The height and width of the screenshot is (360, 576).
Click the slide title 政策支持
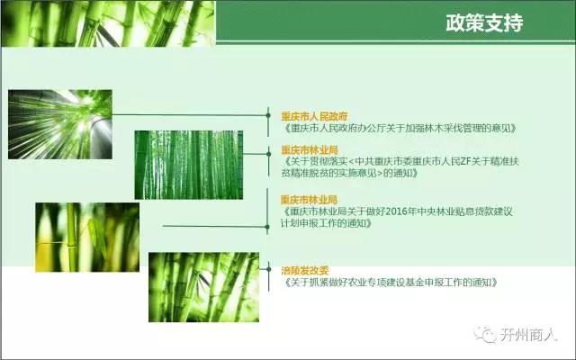click(484, 22)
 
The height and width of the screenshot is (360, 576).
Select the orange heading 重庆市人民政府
click(314, 116)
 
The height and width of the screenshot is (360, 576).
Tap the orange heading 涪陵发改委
click(304, 271)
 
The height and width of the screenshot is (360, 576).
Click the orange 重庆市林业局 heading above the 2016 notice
click(309, 200)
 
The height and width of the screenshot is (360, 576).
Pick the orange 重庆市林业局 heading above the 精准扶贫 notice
click(310, 150)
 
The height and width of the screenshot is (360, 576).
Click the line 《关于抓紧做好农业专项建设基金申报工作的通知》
click(391, 283)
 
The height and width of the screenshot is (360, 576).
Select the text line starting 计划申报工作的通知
click(326, 223)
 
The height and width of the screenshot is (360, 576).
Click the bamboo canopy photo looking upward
click(60, 124)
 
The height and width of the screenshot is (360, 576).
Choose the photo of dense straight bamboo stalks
click(189, 165)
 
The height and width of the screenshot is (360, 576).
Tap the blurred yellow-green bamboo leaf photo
click(87, 238)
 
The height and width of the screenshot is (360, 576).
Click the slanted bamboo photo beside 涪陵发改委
click(204, 287)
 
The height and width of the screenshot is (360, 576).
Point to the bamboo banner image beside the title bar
click(108, 23)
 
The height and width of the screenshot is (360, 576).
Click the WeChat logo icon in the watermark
click(484, 334)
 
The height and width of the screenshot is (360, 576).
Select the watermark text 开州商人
click(528, 335)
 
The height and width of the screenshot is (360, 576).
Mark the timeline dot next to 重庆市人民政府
click(268, 115)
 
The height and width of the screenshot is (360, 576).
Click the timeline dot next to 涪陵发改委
click(268, 269)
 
